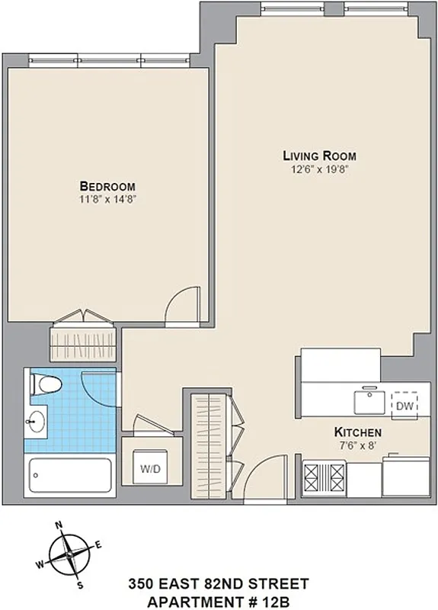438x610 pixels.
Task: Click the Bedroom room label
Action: pos(107,186)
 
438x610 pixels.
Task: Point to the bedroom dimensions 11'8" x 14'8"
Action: pos(107,199)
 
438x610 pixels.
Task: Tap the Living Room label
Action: pos(320,156)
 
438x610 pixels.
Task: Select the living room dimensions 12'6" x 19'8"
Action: pos(320,169)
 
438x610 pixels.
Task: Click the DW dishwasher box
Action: pos(404,406)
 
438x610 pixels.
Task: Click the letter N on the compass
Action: pos(59,525)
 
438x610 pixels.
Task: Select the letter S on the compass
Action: pos(78,585)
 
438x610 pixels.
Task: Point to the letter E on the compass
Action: pos(99,544)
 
